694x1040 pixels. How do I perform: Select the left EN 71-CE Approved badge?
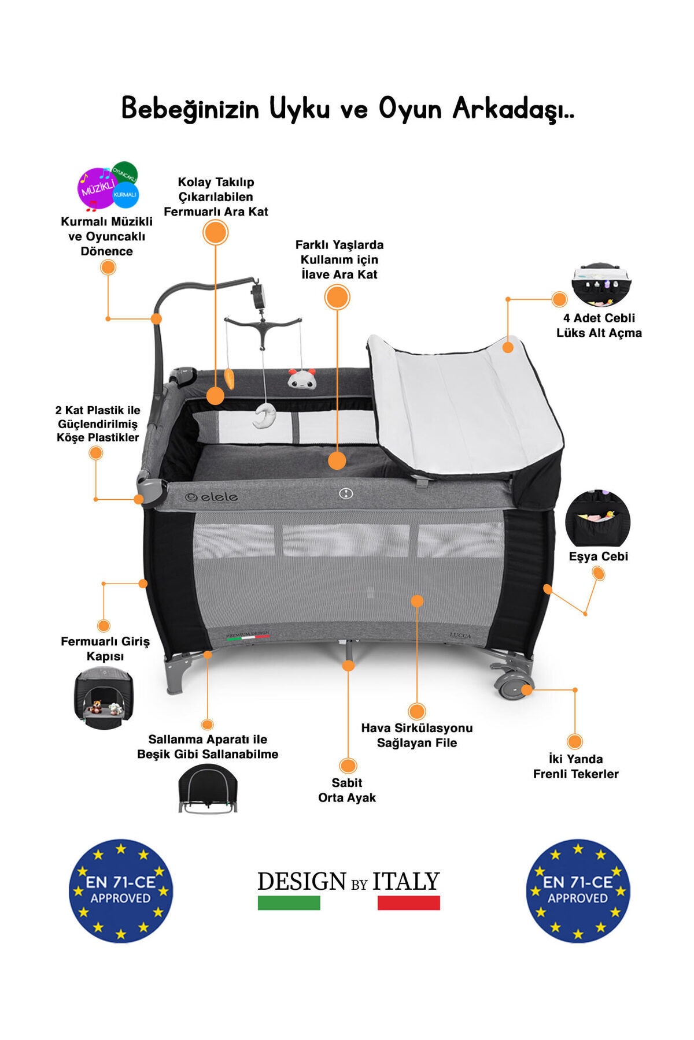[120, 890]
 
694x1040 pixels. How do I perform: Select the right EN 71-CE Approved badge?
[577, 890]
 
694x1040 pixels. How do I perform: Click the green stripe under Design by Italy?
[289, 902]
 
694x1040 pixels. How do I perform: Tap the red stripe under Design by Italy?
[408, 902]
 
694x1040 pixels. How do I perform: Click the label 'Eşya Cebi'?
[598, 556]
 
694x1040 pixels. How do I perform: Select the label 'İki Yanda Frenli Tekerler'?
[575, 766]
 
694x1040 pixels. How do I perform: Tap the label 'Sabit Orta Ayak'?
[347, 790]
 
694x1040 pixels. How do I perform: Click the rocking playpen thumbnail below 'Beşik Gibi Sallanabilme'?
[208, 789]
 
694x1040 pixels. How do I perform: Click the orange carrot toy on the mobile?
[230, 380]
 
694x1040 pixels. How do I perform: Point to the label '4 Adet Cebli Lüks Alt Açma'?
[599, 325]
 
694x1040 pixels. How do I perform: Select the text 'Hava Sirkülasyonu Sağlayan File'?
[416, 735]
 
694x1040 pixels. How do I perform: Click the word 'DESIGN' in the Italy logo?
[301, 882]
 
